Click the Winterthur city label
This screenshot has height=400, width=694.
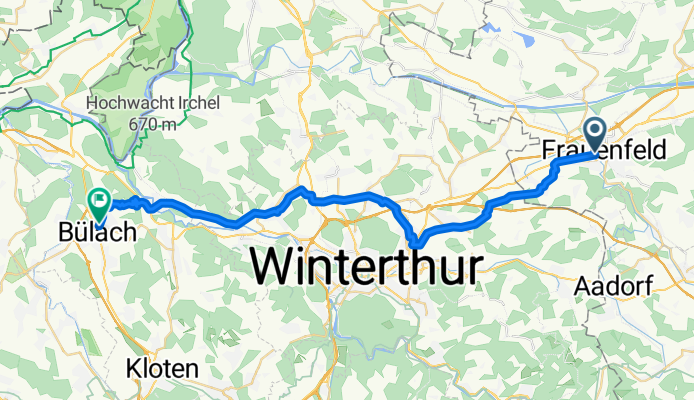[366, 266]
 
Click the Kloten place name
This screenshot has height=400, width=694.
[162, 369]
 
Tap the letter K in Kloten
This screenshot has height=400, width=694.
[133, 369]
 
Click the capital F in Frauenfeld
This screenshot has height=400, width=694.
[549, 151]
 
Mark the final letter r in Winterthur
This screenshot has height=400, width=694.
[475, 266]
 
